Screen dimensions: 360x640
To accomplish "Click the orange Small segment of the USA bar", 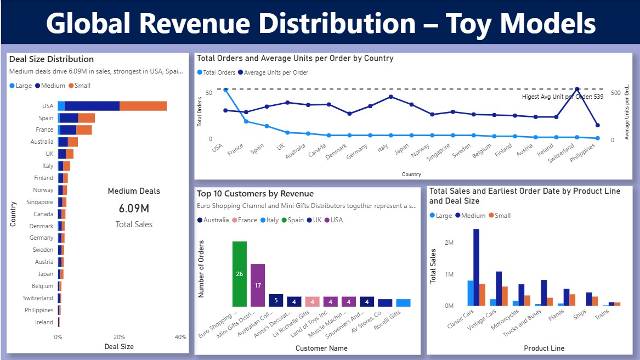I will click(143, 106).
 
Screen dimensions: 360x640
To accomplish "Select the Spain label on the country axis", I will click(46, 118).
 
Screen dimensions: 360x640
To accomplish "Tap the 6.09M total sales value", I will click(134, 209).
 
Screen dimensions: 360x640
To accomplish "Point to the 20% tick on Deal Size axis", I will click(119, 337).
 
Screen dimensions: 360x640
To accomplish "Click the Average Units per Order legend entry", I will click(276, 72).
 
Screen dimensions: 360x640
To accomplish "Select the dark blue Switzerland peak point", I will click(577, 89).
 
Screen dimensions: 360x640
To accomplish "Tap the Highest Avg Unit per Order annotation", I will click(562, 97).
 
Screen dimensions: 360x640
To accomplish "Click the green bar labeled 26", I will click(240, 273).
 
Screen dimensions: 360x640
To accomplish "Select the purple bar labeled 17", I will click(258, 285).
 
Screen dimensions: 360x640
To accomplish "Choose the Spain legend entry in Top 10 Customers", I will click(295, 220).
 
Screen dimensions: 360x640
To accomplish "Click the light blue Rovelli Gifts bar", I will click(403, 303).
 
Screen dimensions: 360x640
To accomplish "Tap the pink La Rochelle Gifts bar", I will click(312, 301).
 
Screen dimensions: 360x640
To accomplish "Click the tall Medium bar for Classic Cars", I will click(477, 267).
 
